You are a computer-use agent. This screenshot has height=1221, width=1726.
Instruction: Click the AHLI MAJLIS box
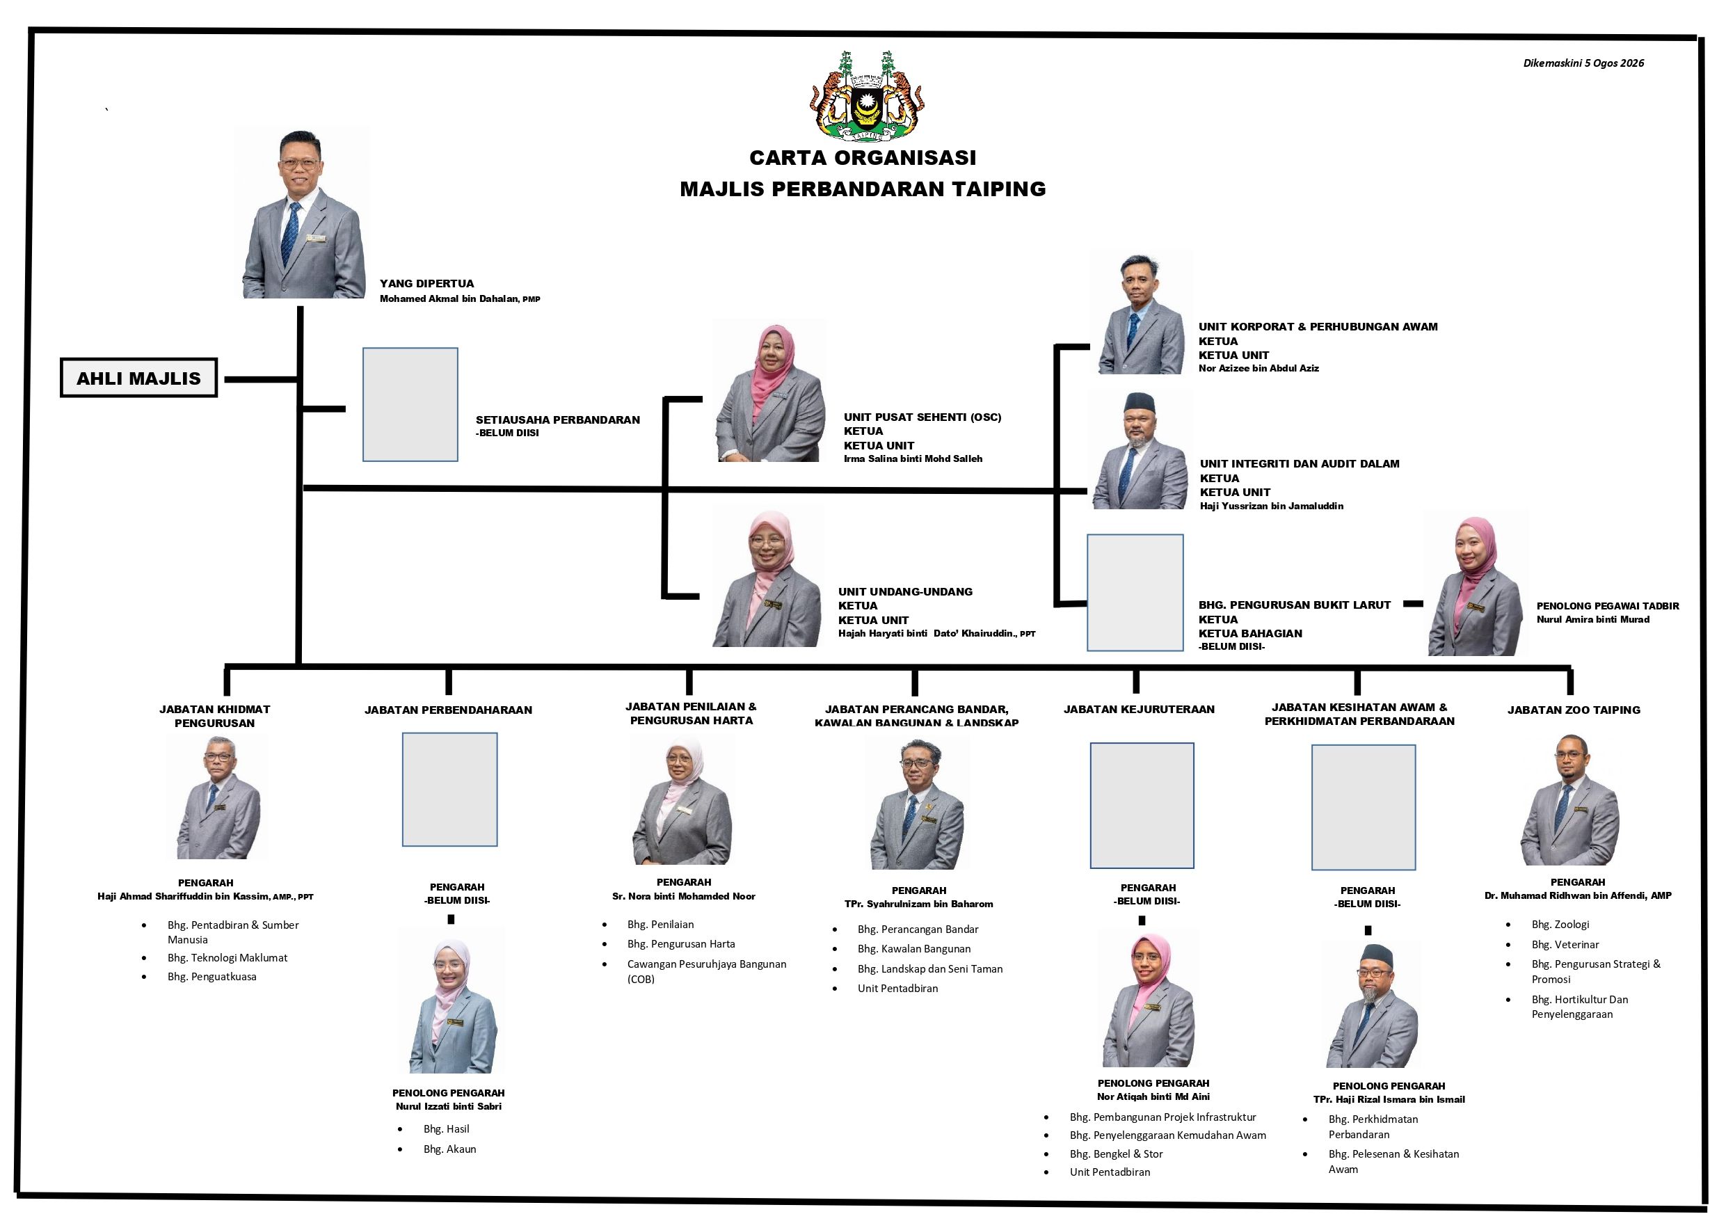point(138,377)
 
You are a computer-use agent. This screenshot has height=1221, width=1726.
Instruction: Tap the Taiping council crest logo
point(867,95)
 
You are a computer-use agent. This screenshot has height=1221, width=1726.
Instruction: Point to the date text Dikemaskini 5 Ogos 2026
point(1583,63)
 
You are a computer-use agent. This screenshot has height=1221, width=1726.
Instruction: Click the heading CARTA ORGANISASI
point(863,158)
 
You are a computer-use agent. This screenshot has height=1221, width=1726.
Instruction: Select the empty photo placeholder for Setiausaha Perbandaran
point(410,404)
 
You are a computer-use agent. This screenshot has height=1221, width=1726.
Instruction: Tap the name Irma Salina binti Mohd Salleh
point(913,458)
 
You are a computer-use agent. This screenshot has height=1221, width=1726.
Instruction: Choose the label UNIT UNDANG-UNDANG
point(905,591)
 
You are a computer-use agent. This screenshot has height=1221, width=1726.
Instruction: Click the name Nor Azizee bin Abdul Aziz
point(1258,369)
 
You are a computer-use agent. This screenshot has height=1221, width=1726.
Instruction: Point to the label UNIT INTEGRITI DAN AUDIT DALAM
point(1300,464)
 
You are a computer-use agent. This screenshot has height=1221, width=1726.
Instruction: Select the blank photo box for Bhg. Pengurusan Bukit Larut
point(1135,593)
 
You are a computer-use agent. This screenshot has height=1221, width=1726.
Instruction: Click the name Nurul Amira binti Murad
point(1593,619)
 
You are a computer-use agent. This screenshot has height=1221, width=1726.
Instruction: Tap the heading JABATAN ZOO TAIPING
point(1574,710)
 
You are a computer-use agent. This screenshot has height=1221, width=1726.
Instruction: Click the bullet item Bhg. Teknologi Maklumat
point(227,958)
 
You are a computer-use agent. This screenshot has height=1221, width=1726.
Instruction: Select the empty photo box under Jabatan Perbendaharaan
point(449,790)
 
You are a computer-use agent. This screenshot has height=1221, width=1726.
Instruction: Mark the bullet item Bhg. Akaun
point(449,1149)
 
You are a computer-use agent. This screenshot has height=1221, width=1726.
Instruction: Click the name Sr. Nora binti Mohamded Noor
point(683,896)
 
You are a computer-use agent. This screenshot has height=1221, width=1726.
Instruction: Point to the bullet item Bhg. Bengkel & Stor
point(1116,1154)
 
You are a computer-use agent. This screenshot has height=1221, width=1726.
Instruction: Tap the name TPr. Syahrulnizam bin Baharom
point(918,904)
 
